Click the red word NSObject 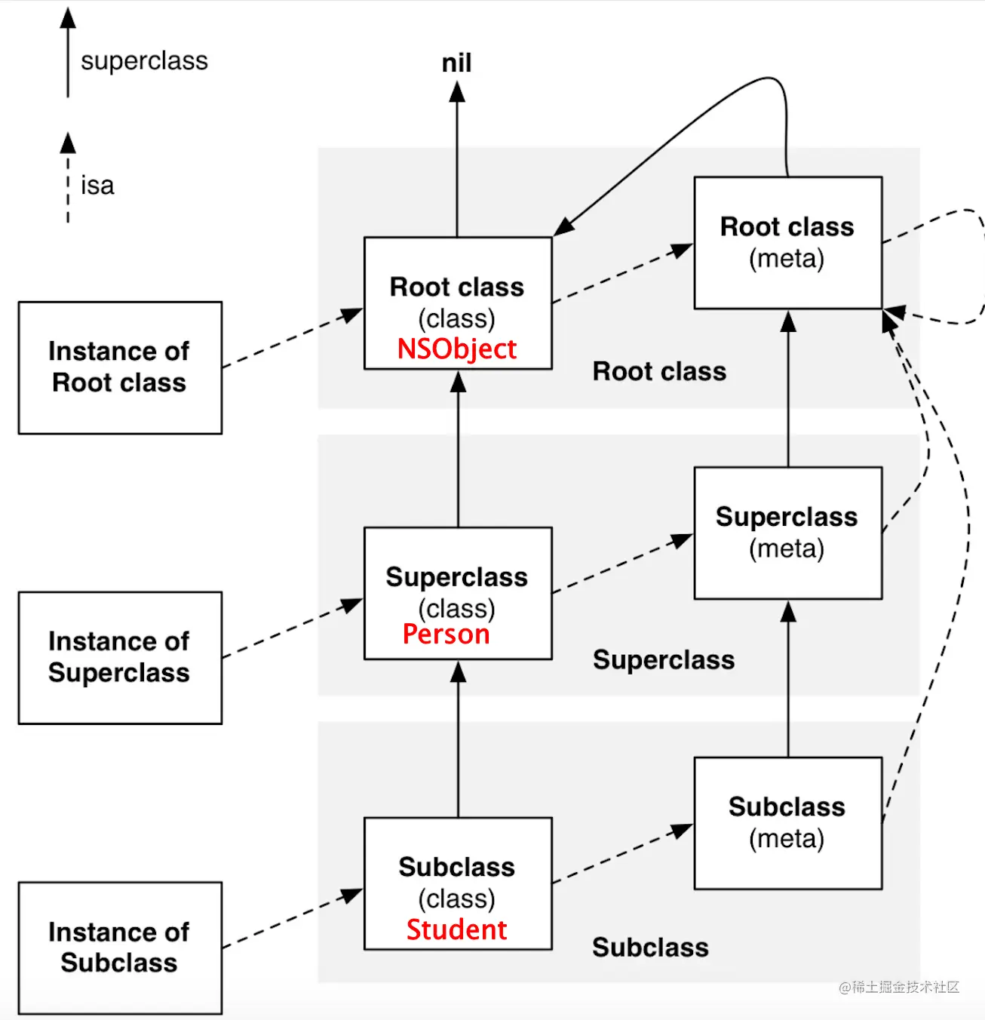457,349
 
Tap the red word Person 446,634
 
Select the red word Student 456,930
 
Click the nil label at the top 457,63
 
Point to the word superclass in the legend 144,61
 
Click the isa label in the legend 97,186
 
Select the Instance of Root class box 120,367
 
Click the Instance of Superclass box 120,658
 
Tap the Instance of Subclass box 120,948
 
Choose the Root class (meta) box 788,243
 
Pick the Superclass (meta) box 788,533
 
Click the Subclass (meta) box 788,823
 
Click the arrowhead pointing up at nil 457,92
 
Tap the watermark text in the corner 898,987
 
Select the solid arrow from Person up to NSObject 459,449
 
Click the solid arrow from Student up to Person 459,739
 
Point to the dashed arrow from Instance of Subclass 293,918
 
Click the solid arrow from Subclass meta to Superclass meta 788,679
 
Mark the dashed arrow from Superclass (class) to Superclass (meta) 623,564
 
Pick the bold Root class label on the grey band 659,372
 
